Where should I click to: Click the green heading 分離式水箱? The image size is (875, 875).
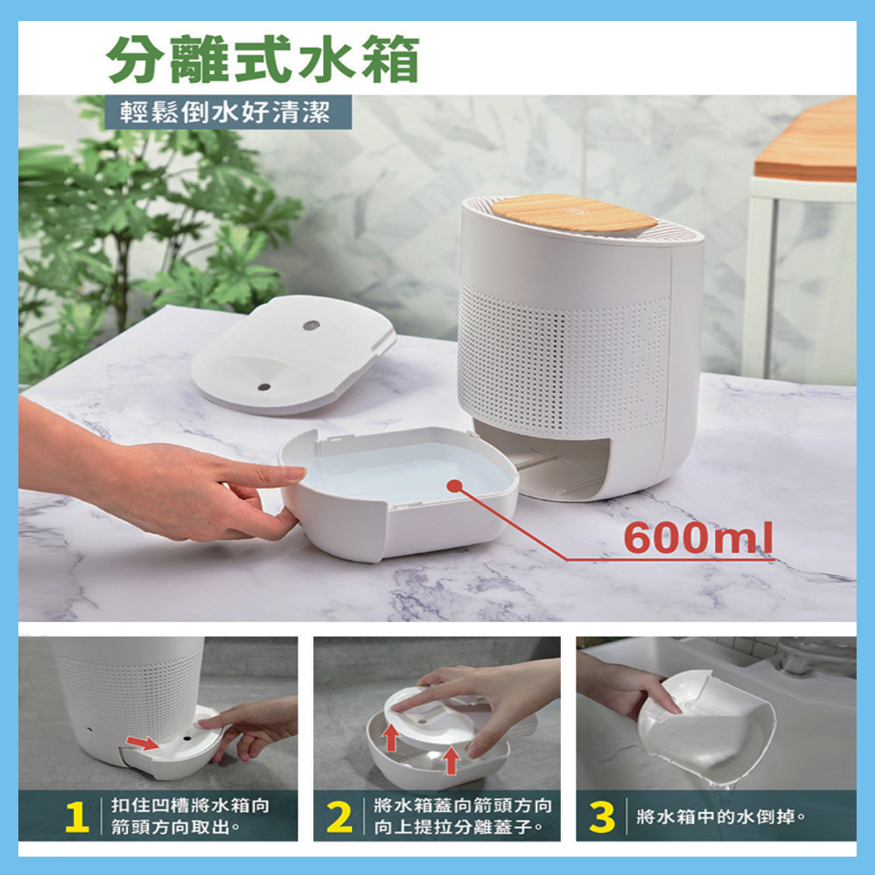coord(262,59)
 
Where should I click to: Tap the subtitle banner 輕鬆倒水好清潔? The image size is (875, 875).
coord(226,112)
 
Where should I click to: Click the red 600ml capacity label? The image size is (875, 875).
coord(698,537)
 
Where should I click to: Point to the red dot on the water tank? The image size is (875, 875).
coord(455,486)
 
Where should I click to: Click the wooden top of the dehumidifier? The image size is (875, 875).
coord(574,214)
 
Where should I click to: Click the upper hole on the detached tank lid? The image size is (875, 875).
coord(311,325)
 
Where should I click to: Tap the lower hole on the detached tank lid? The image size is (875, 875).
coord(264,387)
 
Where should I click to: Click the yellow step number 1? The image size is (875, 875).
coord(77,817)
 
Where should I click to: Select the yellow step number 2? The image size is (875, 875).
coord(339,817)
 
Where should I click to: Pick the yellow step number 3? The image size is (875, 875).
coord(602,817)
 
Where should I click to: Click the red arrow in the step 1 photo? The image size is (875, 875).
coord(143,743)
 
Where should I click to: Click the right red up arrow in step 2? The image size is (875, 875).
coord(451,760)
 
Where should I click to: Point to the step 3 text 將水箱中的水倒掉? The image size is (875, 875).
coord(721,817)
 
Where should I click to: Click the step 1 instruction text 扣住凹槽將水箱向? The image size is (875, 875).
coord(190,805)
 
